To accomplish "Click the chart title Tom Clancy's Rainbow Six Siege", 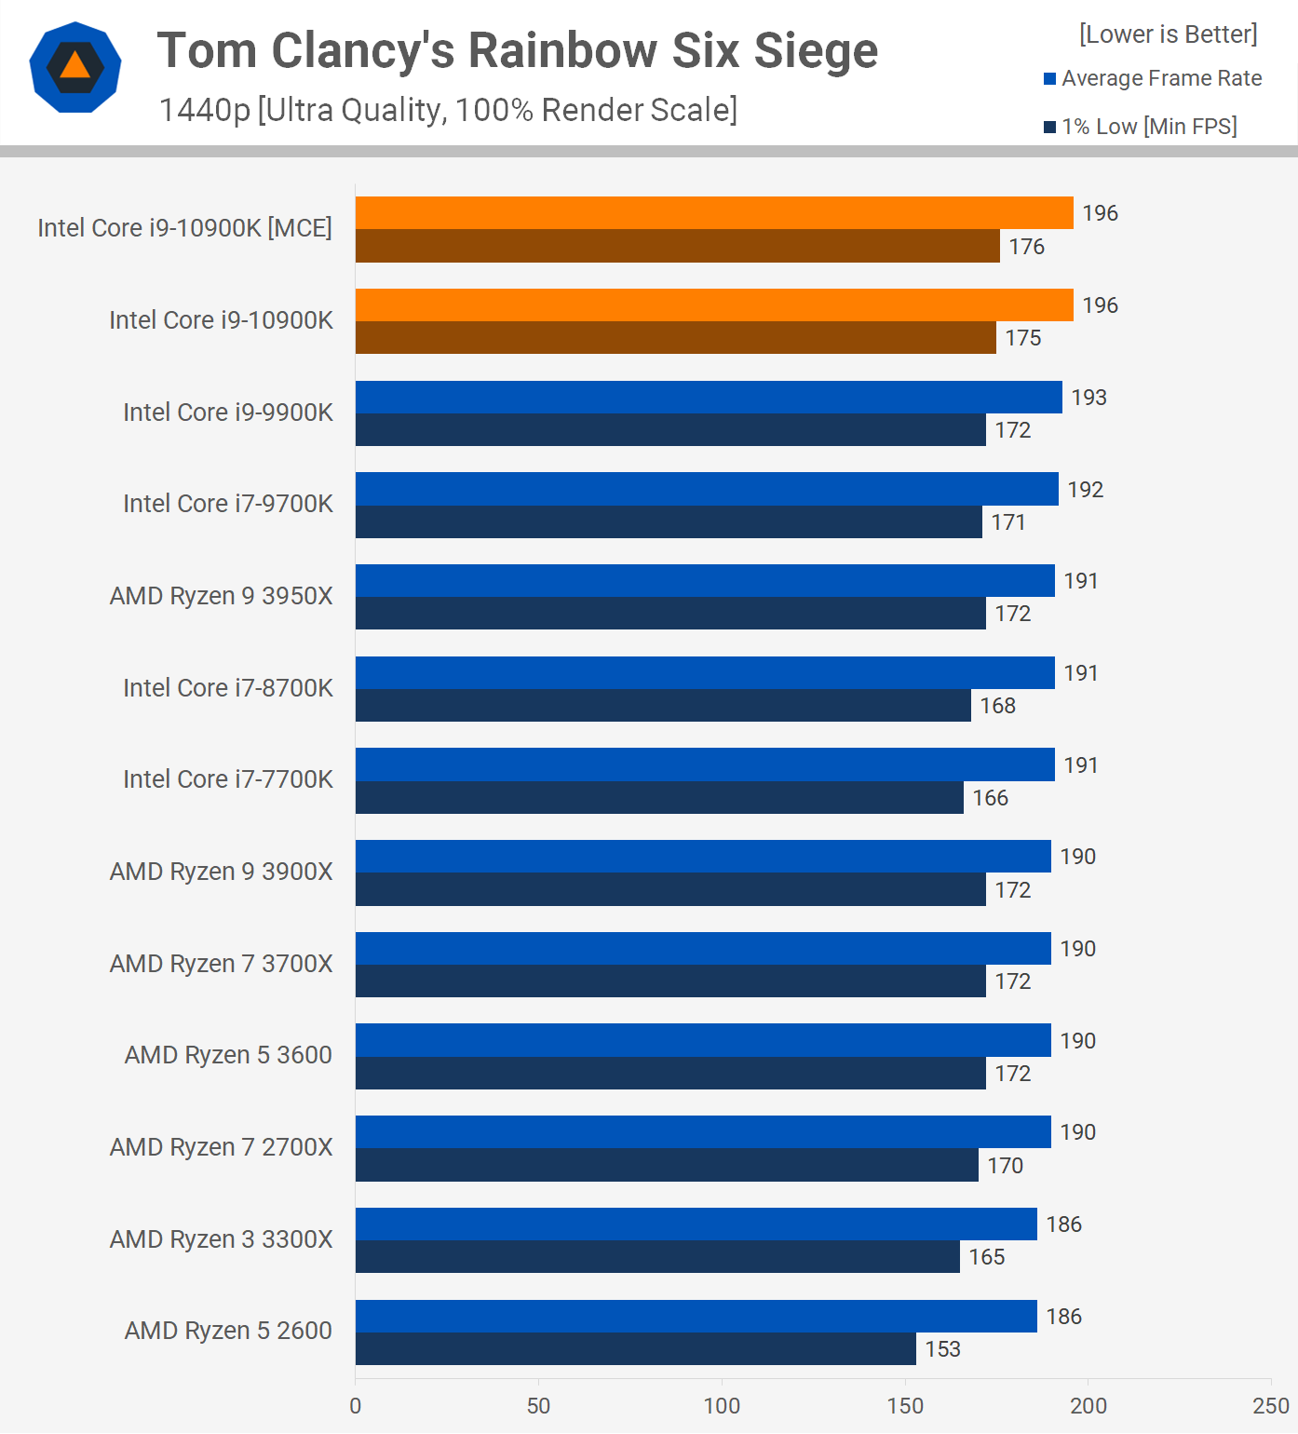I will [x=517, y=50].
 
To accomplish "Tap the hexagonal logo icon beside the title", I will [x=75, y=67].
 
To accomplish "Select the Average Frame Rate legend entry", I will [x=1153, y=78].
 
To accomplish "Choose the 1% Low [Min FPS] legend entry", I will [x=1141, y=127].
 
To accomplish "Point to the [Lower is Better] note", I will [x=1168, y=34].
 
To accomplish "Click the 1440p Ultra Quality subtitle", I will [x=448, y=110].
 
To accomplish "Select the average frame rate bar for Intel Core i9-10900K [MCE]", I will [x=713, y=213].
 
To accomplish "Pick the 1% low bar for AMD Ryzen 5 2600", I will [x=635, y=1349].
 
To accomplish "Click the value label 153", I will [x=942, y=1349].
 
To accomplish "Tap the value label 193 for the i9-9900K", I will [x=1088, y=398].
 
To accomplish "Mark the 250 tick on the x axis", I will [x=1271, y=1406].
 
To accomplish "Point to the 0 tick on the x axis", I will [x=356, y=1406].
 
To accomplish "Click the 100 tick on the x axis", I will [x=722, y=1406].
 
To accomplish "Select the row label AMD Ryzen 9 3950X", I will [x=221, y=596].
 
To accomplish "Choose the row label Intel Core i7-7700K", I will [x=227, y=779].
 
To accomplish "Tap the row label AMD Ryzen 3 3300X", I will [x=221, y=1239].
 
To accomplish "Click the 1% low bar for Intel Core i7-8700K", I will [x=663, y=706].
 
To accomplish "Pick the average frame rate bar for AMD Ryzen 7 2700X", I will [x=703, y=1132].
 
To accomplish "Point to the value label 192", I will [x=1085, y=490].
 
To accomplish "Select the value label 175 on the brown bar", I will [x=1022, y=338].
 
